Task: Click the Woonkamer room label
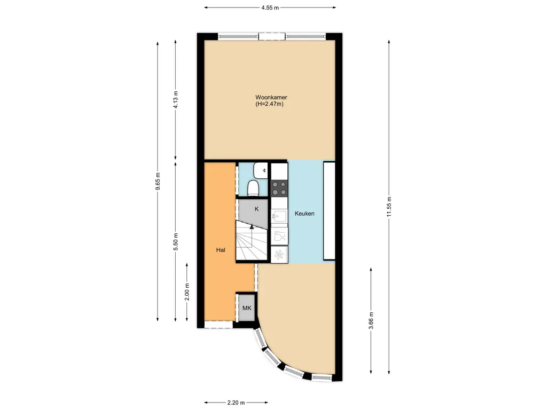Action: pos(271,97)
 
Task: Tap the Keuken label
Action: pos(304,214)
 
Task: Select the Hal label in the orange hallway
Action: pos(220,250)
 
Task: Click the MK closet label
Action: pos(246,309)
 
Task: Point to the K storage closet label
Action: pos(256,209)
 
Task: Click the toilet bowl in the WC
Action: pos(254,188)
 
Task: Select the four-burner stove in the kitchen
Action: pos(279,188)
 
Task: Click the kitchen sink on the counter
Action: pos(279,217)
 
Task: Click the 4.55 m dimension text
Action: pos(270,7)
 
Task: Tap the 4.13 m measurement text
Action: pos(176,100)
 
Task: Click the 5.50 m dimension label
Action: pos(176,241)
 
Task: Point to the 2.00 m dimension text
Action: pos(186,292)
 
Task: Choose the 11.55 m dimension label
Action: pos(389,206)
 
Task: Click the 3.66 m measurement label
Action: pos(371,321)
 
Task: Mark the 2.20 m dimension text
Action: pos(236,403)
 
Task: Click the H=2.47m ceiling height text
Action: pos(269,104)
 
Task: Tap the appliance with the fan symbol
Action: pos(279,255)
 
